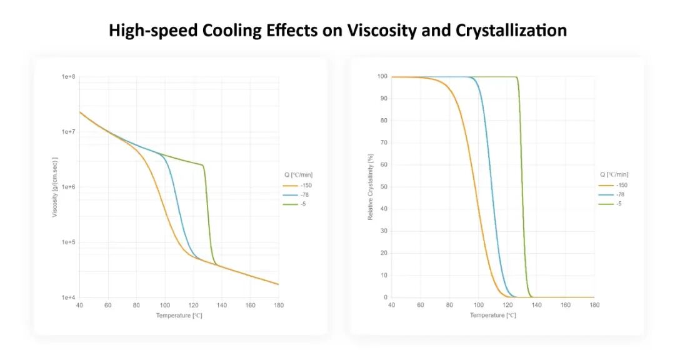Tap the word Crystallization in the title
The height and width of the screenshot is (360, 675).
point(511,31)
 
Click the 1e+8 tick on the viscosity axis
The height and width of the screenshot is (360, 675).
point(68,77)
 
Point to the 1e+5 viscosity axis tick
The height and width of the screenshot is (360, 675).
point(68,242)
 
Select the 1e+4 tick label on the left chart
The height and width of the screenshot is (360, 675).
point(68,297)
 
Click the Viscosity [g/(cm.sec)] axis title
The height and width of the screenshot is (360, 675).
point(54,187)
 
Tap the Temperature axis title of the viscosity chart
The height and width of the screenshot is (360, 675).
point(179,316)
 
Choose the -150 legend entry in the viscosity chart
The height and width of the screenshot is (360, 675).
point(297,186)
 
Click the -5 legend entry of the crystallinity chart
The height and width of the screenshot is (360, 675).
point(610,204)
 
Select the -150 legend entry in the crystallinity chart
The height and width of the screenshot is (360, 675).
point(613,185)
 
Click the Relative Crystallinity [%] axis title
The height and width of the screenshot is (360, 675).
point(370,187)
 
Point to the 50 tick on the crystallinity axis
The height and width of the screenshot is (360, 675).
point(384,187)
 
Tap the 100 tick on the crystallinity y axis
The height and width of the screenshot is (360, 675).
point(382,77)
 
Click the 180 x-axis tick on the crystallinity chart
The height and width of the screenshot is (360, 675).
point(594,305)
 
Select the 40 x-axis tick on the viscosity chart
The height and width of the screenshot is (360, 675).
point(79,305)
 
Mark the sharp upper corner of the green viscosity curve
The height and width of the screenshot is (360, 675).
point(203,165)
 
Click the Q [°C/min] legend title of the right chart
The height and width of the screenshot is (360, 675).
point(614,174)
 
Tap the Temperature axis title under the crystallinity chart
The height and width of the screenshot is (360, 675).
point(493,315)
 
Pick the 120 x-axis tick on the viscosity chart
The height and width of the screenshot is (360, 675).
point(193,305)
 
